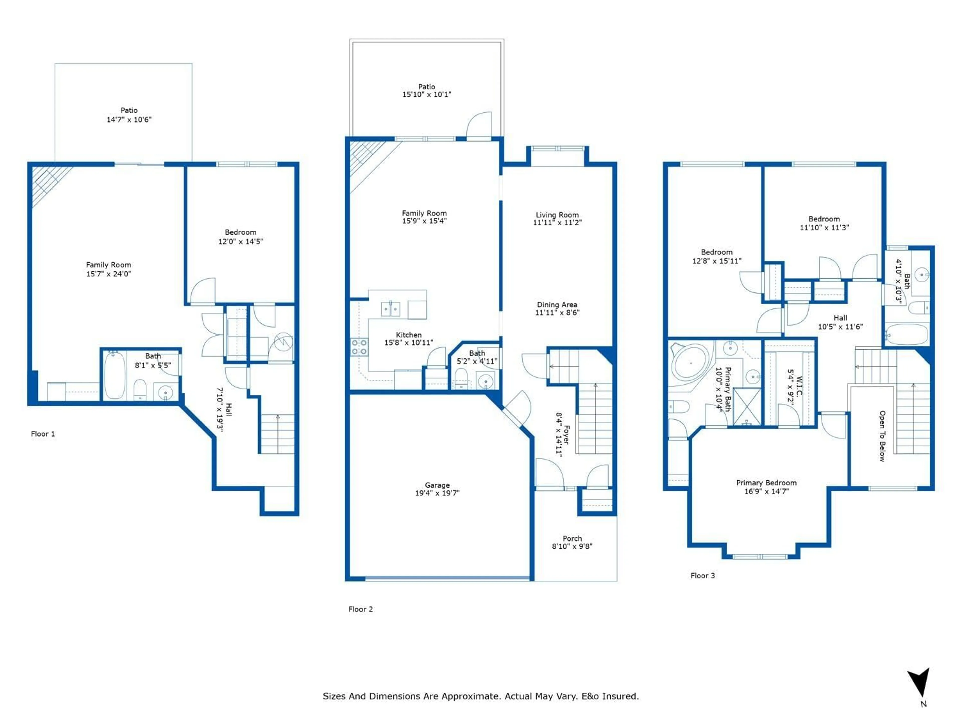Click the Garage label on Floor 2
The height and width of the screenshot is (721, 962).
coord(437,485)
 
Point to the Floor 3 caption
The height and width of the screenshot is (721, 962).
coord(702,575)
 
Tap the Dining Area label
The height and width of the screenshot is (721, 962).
coord(557,305)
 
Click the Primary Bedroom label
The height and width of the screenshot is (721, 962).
coord(766,483)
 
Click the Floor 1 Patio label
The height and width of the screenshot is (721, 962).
coord(129,110)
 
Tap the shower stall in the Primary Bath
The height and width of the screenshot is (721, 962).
coord(747,407)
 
